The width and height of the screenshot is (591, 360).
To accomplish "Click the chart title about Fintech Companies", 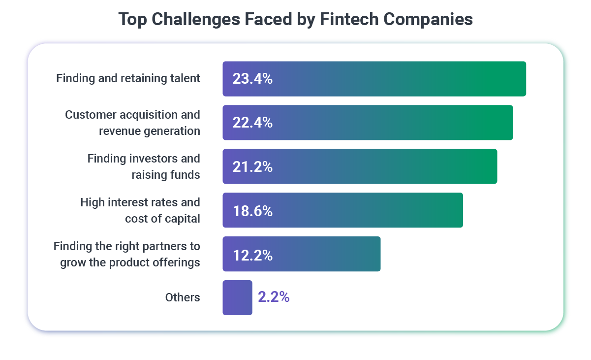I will (x=295, y=19).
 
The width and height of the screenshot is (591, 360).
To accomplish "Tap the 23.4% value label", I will (x=252, y=79).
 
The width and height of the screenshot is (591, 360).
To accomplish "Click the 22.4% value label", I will (x=252, y=123).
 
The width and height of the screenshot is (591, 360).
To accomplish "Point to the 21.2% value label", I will (x=252, y=167).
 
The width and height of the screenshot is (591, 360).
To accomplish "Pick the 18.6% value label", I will (x=252, y=211).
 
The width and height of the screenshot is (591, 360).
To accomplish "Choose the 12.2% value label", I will (x=252, y=255).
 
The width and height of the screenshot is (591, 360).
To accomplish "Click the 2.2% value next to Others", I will (x=274, y=297).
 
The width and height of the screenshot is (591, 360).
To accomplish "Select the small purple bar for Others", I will (x=237, y=297).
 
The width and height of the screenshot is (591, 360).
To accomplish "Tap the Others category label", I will (x=183, y=297).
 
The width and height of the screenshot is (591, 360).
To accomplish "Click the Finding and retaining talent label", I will (x=128, y=78).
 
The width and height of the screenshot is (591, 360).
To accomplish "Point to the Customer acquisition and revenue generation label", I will (x=132, y=123).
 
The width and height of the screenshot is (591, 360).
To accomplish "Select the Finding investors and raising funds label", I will (x=144, y=166).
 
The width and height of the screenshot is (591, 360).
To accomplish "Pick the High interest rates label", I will (x=140, y=210).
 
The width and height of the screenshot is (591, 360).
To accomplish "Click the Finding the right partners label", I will (x=127, y=254).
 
